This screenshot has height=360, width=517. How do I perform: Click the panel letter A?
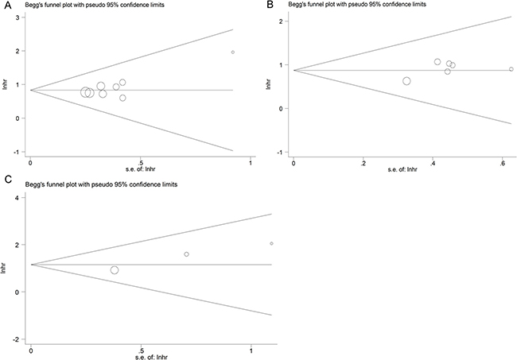6,6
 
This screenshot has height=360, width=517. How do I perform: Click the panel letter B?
270,5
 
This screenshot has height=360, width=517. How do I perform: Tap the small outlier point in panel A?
233,52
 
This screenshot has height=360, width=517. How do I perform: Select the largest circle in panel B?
406,81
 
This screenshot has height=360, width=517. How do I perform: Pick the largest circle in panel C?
115,270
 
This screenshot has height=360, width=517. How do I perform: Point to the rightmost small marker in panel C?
271,243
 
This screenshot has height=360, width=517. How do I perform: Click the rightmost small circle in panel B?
511,69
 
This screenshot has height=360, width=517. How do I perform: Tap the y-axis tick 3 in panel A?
18,17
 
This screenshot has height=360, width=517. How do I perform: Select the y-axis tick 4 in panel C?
17,198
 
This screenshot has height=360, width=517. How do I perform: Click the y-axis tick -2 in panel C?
17,339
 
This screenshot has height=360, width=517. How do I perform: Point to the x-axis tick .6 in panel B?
502,163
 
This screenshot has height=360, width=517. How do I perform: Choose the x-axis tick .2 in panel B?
363,163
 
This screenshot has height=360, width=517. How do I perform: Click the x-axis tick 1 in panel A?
251,163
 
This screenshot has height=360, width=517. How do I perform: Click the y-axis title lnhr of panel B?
268,84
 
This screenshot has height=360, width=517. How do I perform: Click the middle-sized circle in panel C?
186,254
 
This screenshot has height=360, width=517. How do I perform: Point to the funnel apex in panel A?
31,90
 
